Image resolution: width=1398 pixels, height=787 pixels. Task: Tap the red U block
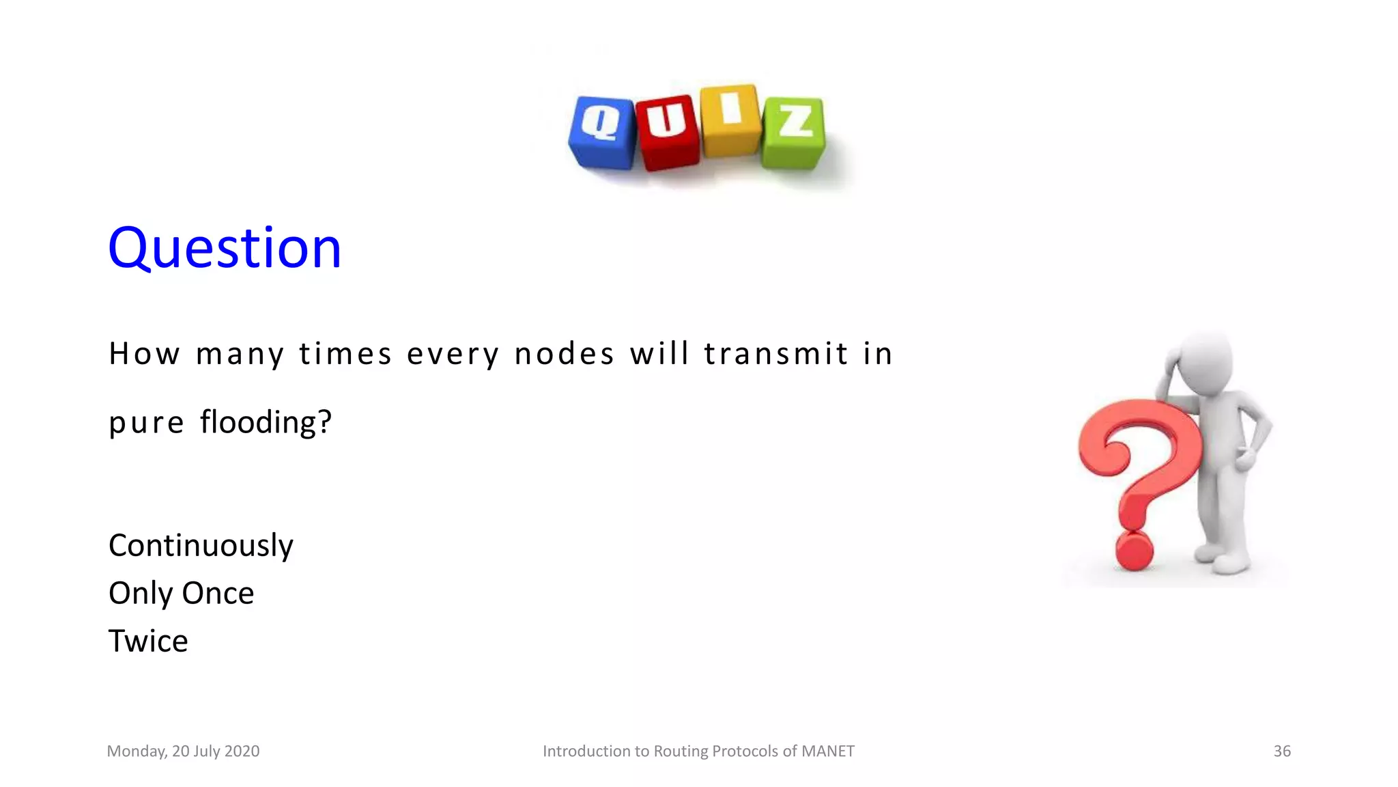click(x=667, y=133)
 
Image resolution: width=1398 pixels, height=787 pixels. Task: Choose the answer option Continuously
click(x=201, y=546)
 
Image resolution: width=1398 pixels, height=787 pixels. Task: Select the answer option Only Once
click(x=181, y=593)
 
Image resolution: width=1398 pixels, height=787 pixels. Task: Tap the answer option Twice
click(x=148, y=641)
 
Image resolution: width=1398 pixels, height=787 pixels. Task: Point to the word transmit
click(x=775, y=354)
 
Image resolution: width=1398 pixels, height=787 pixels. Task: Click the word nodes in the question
click(x=564, y=354)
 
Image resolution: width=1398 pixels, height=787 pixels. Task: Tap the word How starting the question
click(x=144, y=354)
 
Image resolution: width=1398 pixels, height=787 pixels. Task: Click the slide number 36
click(x=1281, y=751)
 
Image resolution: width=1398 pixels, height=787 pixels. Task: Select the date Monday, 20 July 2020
click(x=183, y=751)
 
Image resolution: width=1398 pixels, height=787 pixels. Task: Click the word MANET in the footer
click(x=827, y=751)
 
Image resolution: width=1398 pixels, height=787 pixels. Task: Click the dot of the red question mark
click(x=1134, y=551)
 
